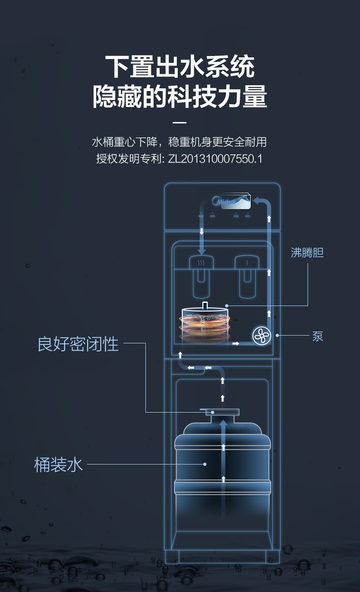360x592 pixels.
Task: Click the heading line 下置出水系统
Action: tap(180, 67)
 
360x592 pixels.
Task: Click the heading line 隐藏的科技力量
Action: tap(180, 96)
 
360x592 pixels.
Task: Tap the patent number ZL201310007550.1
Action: tap(216, 159)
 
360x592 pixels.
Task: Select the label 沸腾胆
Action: tap(307, 253)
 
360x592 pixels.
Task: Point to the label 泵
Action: tap(318, 337)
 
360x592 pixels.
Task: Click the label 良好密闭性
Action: tap(78, 344)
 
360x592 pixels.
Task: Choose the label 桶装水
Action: tap(59, 464)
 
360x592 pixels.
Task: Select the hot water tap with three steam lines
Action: tap(201, 263)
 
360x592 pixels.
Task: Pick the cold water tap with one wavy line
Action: tap(247, 263)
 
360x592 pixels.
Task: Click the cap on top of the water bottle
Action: tap(222, 413)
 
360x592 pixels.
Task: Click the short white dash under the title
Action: tap(180, 122)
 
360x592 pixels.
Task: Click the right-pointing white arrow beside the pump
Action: tap(236, 343)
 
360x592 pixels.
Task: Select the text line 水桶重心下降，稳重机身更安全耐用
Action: tap(179, 142)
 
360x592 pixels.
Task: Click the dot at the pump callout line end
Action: tap(277, 336)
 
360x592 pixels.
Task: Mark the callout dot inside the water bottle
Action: tap(205, 464)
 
